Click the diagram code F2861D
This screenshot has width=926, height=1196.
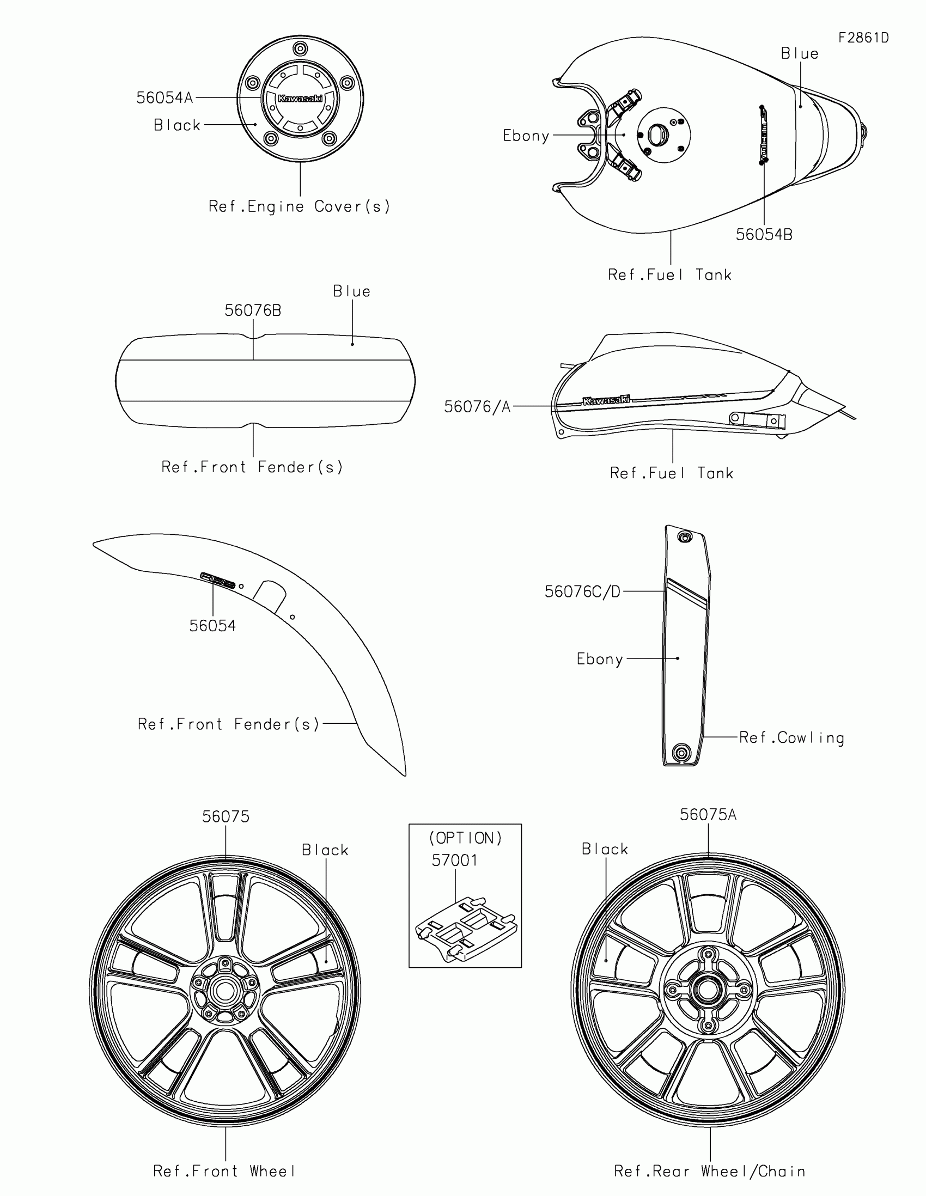pos(863,38)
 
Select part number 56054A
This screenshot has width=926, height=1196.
pos(165,98)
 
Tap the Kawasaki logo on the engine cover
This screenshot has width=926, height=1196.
pos(300,99)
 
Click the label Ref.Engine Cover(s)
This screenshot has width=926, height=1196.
pos(300,206)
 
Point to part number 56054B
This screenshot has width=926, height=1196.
pos(764,234)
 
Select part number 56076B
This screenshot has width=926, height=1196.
pos(253,310)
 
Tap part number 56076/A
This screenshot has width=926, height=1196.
pos(477,407)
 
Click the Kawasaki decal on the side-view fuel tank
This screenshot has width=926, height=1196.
pos(606,400)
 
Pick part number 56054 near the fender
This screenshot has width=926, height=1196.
pos(212,626)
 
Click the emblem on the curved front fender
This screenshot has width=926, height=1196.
pos(218,580)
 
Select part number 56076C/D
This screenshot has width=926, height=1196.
pos(583,591)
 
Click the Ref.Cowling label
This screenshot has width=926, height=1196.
pos(791,737)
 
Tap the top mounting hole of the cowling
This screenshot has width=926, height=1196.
pos(685,537)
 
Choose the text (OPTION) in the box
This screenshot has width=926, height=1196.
pos(466,838)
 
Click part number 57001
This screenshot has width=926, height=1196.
pos(454,861)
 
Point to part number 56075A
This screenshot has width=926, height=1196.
pos(708,815)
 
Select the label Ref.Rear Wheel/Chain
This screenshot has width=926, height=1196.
pos(710,1171)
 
